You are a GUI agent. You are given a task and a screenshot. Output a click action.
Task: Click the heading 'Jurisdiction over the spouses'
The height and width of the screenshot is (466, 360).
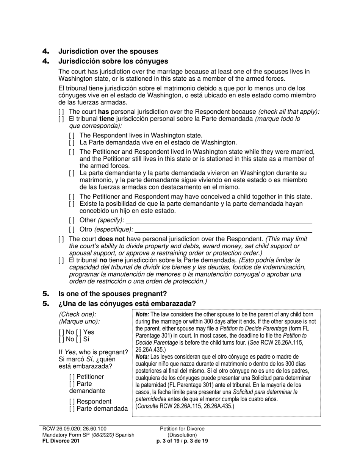pyautogui.click(x=108, y=52)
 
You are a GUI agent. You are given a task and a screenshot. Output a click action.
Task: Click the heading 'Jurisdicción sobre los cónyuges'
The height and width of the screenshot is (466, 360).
pyautogui.click(x=113, y=61)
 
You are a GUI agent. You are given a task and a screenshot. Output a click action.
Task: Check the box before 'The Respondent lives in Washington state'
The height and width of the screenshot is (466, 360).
pyautogui.click(x=72, y=136)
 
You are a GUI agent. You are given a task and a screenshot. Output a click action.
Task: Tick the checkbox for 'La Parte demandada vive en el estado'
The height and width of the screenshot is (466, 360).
pyautogui.click(x=72, y=143)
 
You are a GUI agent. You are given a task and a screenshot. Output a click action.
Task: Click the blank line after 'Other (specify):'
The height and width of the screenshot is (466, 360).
pyautogui.click(x=219, y=220)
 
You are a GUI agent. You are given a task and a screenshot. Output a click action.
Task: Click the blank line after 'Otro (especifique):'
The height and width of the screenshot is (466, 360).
pyautogui.click(x=224, y=230)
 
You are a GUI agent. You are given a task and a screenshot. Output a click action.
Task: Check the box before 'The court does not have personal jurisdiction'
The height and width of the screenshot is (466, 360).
pyautogui.click(x=61, y=239)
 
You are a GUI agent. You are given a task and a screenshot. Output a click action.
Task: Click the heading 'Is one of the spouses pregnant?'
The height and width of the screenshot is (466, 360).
pyautogui.click(x=112, y=294)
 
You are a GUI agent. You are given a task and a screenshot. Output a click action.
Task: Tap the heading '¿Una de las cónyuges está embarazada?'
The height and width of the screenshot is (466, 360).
pyautogui.click(x=127, y=304)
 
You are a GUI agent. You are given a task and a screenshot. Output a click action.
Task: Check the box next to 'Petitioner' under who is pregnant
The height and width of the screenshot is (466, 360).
pyautogui.click(x=72, y=377)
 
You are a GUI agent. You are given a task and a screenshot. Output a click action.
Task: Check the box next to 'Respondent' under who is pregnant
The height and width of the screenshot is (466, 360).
pyautogui.click(x=72, y=402)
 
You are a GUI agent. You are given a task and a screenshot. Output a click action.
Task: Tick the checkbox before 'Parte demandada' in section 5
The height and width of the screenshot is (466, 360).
pyautogui.click(x=72, y=409)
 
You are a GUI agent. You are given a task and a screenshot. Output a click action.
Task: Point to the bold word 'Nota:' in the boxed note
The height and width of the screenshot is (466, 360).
pyautogui.click(x=142, y=357)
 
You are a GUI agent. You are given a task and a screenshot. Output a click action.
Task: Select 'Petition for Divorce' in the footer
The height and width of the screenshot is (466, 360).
pyautogui.click(x=182, y=429)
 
